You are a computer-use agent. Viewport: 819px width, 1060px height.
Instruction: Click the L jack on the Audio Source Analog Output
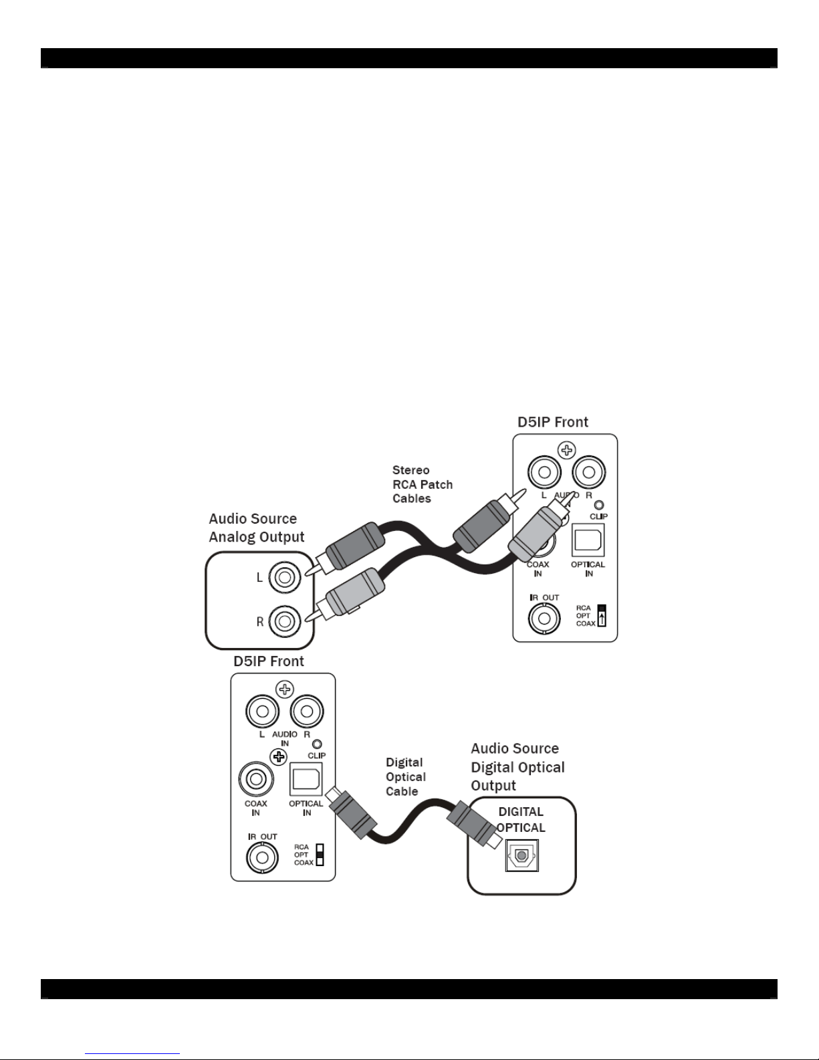[285, 577]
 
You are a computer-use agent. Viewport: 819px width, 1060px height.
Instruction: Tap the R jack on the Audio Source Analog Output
[285, 621]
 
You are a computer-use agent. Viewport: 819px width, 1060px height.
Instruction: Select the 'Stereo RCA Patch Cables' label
[422, 484]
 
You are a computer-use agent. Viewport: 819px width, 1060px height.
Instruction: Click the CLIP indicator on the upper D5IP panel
[599, 506]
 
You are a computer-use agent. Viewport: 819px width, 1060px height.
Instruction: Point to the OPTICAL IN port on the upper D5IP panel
[588, 540]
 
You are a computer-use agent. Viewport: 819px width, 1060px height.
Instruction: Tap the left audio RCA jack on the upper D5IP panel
[544, 473]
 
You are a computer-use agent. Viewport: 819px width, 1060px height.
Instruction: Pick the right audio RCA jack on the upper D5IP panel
[588, 473]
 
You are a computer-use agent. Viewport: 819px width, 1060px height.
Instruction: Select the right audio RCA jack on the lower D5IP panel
[306, 712]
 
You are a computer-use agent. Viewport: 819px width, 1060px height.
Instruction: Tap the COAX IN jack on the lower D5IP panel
[255, 779]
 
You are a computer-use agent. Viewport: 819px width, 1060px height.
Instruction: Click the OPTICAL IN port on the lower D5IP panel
[306, 779]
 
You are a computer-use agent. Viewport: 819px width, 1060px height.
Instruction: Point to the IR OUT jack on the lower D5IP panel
[262, 857]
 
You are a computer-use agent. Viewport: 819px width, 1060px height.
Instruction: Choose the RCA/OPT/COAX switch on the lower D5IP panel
[320, 855]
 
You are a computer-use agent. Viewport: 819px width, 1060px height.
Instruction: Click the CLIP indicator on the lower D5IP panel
[317, 744]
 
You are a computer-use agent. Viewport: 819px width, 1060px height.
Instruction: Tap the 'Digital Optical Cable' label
[405, 776]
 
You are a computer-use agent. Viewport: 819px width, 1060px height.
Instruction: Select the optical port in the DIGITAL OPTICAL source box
[521, 855]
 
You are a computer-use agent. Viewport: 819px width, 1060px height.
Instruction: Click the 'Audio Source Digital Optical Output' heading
[517, 766]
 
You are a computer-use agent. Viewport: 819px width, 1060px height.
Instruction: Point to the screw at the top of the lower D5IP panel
[285, 689]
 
